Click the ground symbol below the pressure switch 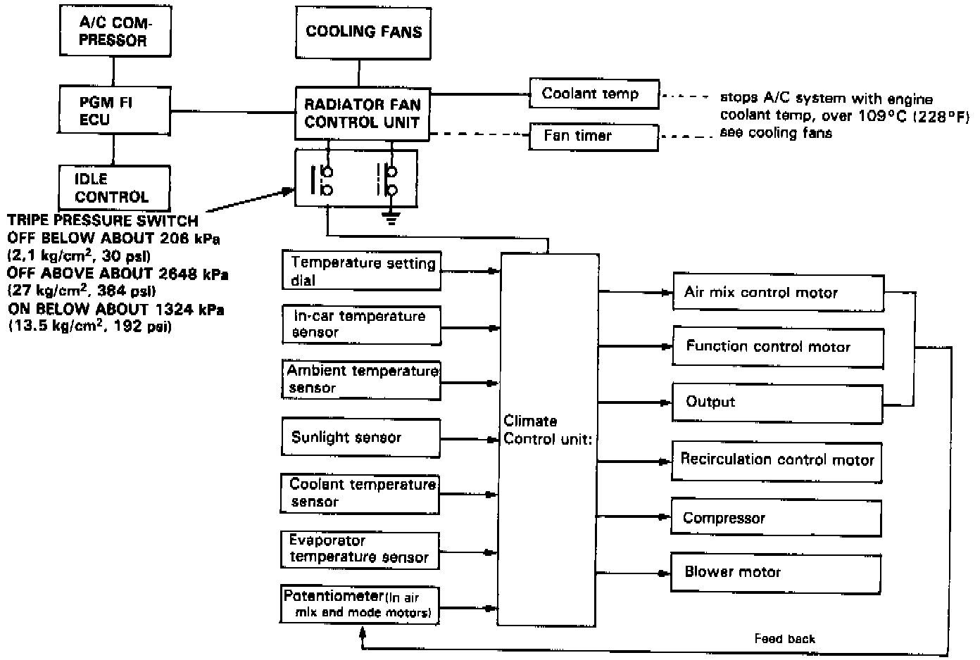(x=391, y=218)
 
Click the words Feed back (x=785, y=639)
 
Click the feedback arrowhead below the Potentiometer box (x=363, y=631)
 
